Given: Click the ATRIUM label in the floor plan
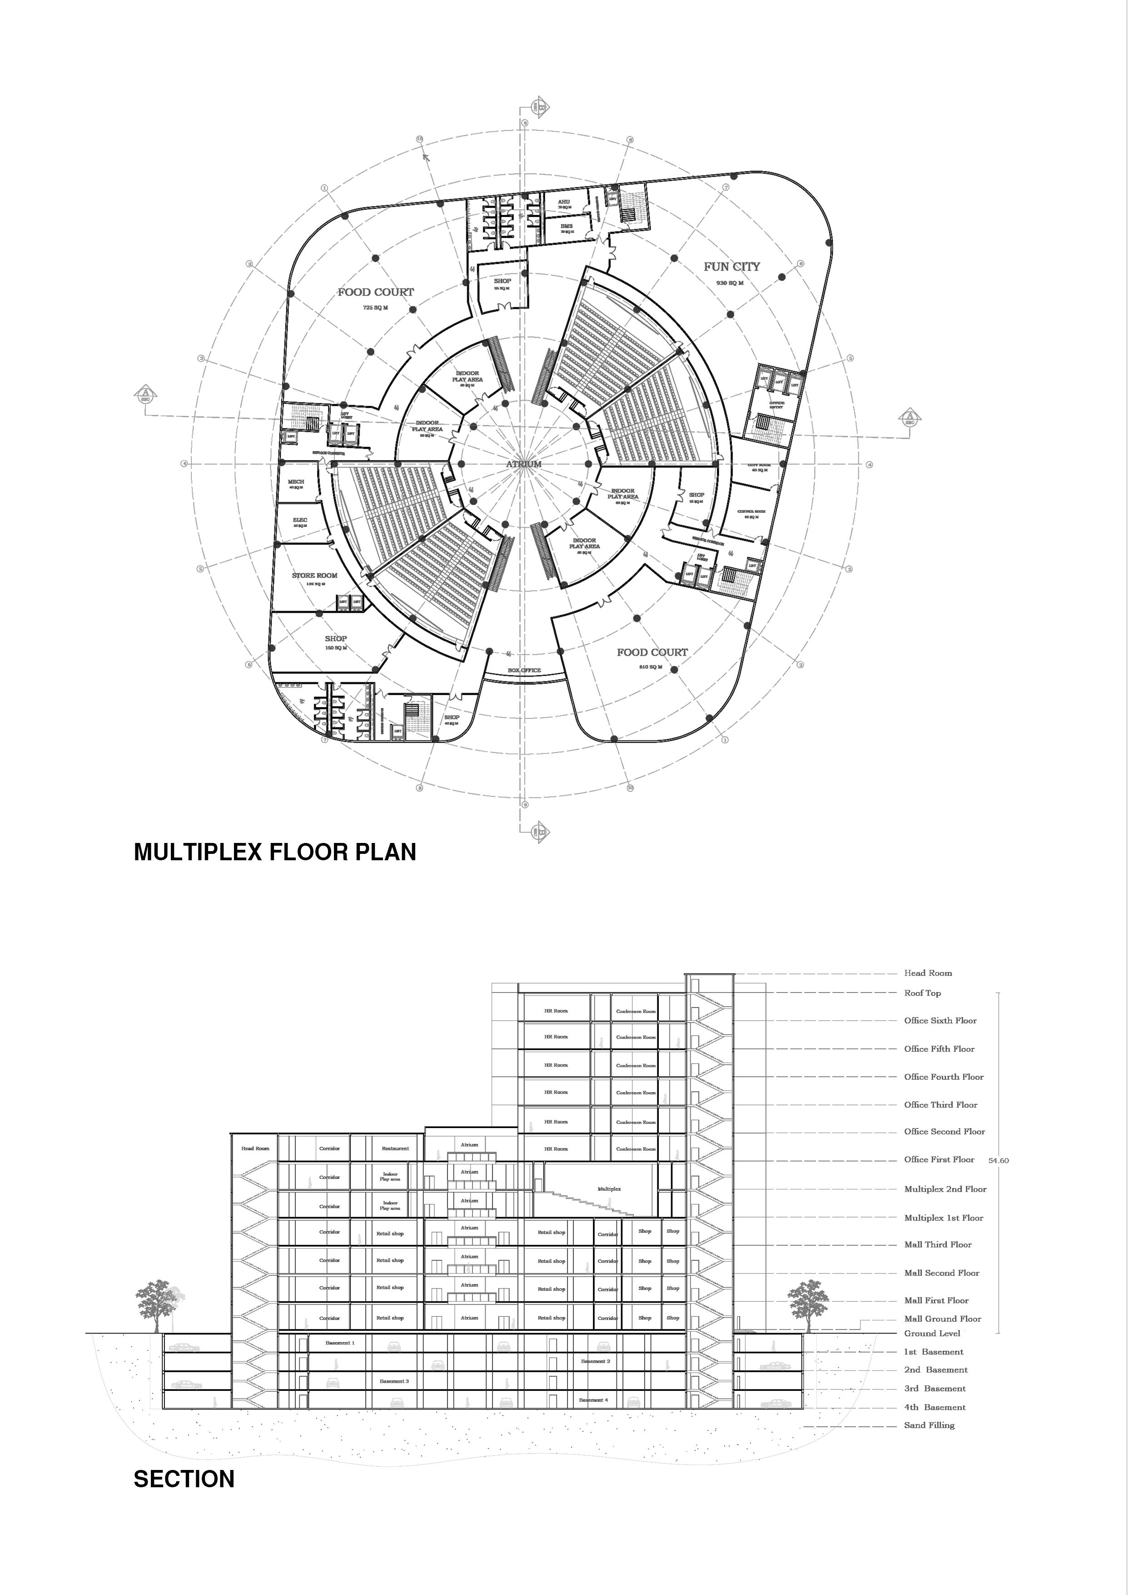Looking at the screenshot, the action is click(523, 464).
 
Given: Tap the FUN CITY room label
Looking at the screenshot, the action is click(731, 266).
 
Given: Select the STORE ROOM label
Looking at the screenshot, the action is click(314, 575).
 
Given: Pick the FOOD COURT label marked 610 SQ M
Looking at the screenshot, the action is click(652, 652).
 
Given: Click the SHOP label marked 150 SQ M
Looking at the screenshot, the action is click(336, 638).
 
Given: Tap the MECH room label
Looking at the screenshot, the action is click(296, 482).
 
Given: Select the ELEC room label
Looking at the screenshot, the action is click(300, 520).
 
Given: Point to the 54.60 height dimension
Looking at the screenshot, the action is click(998, 1160).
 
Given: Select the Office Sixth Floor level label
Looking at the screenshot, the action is click(940, 1020).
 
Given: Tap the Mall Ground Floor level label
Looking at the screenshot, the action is click(942, 1318).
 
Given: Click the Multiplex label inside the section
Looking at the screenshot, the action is click(609, 1189).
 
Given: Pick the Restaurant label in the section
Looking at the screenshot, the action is click(395, 1149).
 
